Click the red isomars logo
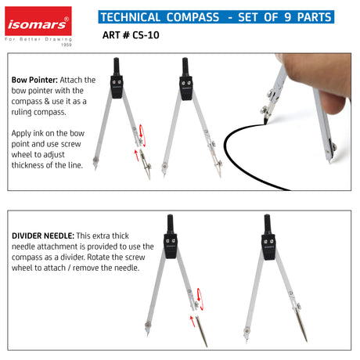(38, 21)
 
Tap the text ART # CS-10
(131, 35)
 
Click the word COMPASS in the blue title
(193, 17)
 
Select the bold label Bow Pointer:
(34, 80)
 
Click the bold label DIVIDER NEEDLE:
(43, 236)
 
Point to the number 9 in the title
(287, 17)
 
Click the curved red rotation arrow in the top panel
(142, 135)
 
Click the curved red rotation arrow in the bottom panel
(200, 299)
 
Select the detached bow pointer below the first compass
(146, 164)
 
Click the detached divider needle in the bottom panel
(201, 331)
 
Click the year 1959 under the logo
(67, 45)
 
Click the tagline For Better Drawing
(38, 39)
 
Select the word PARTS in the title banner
(314, 17)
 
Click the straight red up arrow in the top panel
(136, 155)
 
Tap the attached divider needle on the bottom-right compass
(301, 326)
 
